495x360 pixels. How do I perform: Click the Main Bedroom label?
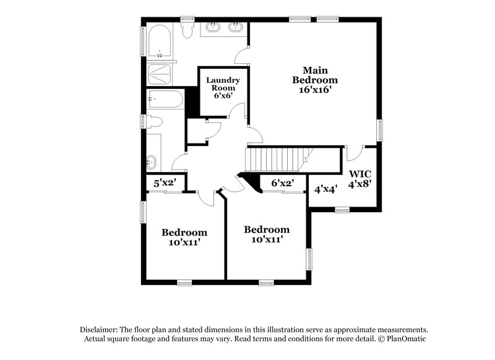click(x=315, y=80)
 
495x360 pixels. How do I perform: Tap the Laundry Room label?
click(x=222, y=88)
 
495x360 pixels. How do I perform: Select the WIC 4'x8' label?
click(x=360, y=179)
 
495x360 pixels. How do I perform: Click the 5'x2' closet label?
click(x=165, y=183)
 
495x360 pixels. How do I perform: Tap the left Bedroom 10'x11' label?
click(x=184, y=238)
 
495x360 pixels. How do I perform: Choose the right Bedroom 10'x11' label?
click(x=267, y=234)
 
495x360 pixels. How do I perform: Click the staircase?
click(x=276, y=160)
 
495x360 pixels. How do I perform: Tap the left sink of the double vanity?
click(x=213, y=27)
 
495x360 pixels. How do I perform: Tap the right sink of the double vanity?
click(x=235, y=27)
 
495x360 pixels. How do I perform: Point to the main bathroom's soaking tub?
click(x=160, y=45)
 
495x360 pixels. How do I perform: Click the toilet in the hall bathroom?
click(x=155, y=121)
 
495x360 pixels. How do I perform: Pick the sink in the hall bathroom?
click(x=152, y=163)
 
